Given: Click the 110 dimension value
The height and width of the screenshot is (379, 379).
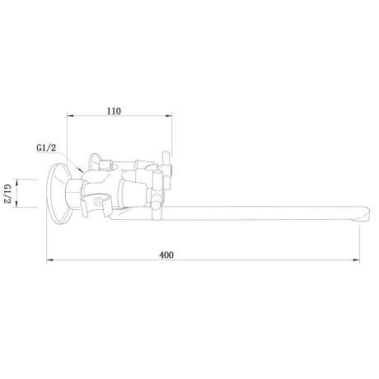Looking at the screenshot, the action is coord(114,111).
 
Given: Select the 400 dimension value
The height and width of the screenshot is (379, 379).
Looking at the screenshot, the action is coord(166,255).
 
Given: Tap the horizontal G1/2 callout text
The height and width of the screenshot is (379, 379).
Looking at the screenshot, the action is coord(46,147).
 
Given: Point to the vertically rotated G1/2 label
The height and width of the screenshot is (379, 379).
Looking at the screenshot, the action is coord(7,194).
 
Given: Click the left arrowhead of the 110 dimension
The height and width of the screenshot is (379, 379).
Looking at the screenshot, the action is coord(70,116).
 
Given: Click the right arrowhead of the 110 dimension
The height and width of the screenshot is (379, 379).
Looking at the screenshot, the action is coord(169,116).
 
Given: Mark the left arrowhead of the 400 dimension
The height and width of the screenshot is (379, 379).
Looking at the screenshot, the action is coord(49,260).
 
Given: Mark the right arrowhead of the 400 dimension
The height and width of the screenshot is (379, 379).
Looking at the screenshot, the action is coord(357,260).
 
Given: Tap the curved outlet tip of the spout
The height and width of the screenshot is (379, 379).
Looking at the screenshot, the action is coord(363,213).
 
